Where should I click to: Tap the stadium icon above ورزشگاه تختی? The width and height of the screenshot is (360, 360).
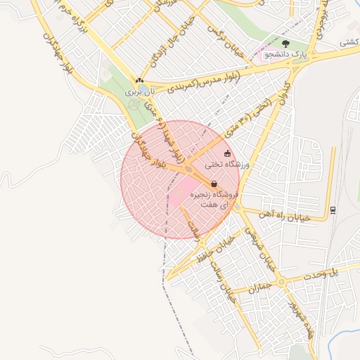(226, 153)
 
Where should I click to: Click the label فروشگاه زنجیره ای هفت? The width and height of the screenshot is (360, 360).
(217, 198)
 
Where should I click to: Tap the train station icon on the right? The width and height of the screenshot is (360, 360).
(333, 210)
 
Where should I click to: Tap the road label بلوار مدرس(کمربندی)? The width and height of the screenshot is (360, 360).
(199, 82)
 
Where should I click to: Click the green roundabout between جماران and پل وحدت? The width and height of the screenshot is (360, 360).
(281, 282)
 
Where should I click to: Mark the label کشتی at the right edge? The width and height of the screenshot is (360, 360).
(349, 43)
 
